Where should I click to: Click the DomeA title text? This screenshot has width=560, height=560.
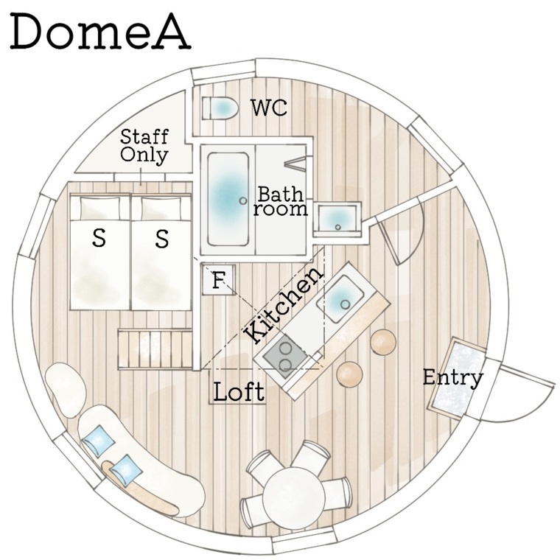pyautogui.click(x=100, y=32)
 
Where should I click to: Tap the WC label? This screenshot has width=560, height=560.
pyautogui.click(x=269, y=107)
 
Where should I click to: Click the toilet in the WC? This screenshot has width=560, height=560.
pyautogui.click(x=220, y=108)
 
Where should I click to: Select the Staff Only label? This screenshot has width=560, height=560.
pyautogui.click(x=144, y=146)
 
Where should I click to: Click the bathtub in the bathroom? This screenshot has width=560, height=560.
pyautogui.click(x=228, y=199)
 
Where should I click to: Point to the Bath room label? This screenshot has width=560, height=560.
pyautogui.click(x=281, y=201)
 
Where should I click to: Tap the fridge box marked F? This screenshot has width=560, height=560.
pyautogui.click(x=219, y=279)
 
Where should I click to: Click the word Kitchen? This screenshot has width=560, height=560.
pyautogui.click(x=284, y=306)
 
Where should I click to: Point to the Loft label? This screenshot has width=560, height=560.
pyautogui.click(x=239, y=392)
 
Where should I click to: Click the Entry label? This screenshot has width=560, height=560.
pyautogui.click(x=453, y=378)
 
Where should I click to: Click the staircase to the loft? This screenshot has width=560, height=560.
pyautogui.click(x=155, y=349)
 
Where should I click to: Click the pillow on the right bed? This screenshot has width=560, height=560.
pyautogui.click(x=161, y=209)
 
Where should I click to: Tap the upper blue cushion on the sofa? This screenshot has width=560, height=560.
pyautogui.click(x=98, y=441)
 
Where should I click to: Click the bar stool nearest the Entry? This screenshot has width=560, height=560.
pyautogui.click(x=383, y=342)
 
